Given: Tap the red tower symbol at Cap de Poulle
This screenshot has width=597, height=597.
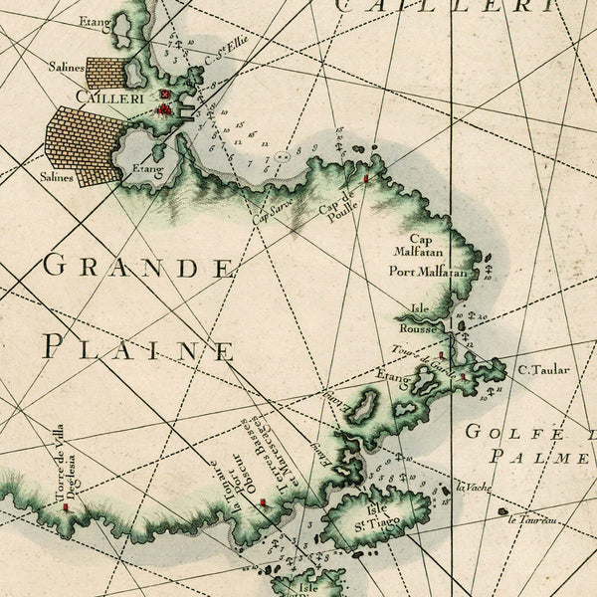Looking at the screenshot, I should (x=367, y=179).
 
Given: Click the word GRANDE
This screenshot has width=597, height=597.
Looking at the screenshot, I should (x=140, y=267).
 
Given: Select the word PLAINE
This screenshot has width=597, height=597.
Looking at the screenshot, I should (x=139, y=349).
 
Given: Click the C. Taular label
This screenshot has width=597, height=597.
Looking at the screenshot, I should (x=543, y=370).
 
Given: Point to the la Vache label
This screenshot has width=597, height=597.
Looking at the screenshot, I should (x=475, y=487).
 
